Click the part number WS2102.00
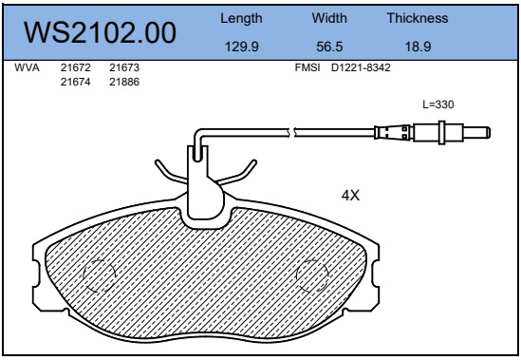(100, 32)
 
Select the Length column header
(241, 19)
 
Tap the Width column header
(329, 18)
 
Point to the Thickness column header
(418, 18)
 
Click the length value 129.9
(242, 47)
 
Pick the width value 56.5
(329, 47)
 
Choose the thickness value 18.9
(418, 47)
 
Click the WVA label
(27, 67)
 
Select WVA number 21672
(75, 67)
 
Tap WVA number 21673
(124, 67)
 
